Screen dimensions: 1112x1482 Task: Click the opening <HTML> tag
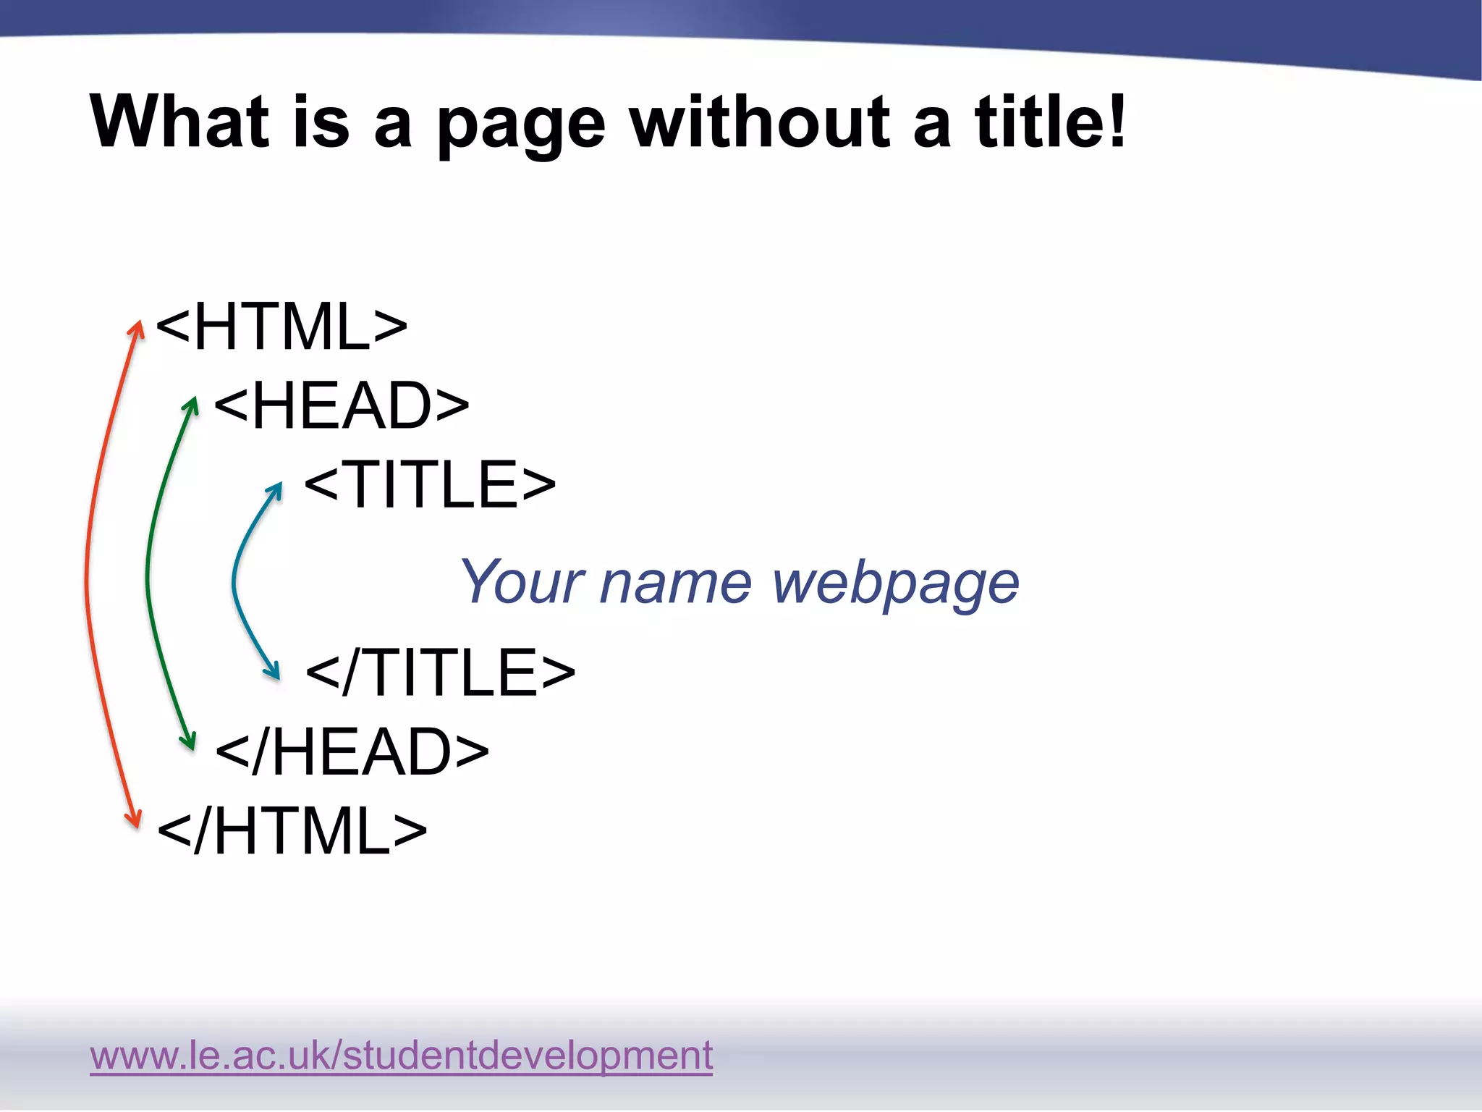pos(281,327)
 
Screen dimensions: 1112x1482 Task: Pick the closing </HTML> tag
pos(292,830)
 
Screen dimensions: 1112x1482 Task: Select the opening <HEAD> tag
pos(342,405)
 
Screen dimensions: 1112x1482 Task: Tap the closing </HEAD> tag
pos(352,751)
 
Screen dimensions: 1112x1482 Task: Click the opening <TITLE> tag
pos(430,484)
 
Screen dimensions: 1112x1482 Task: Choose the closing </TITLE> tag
pos(440,673)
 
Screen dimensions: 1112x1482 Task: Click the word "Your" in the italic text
pos(522,582)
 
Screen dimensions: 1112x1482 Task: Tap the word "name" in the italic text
pos(676,584)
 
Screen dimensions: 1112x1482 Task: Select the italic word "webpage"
pos(896,584)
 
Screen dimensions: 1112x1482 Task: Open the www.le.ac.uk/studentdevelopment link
pos(401,1055)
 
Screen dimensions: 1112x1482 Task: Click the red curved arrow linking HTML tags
pos(88,579)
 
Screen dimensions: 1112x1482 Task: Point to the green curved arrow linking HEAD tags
pos(148,572)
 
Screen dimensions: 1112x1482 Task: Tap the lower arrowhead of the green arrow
pos(189,742)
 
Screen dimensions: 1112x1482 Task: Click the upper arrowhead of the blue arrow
pos(276,489)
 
